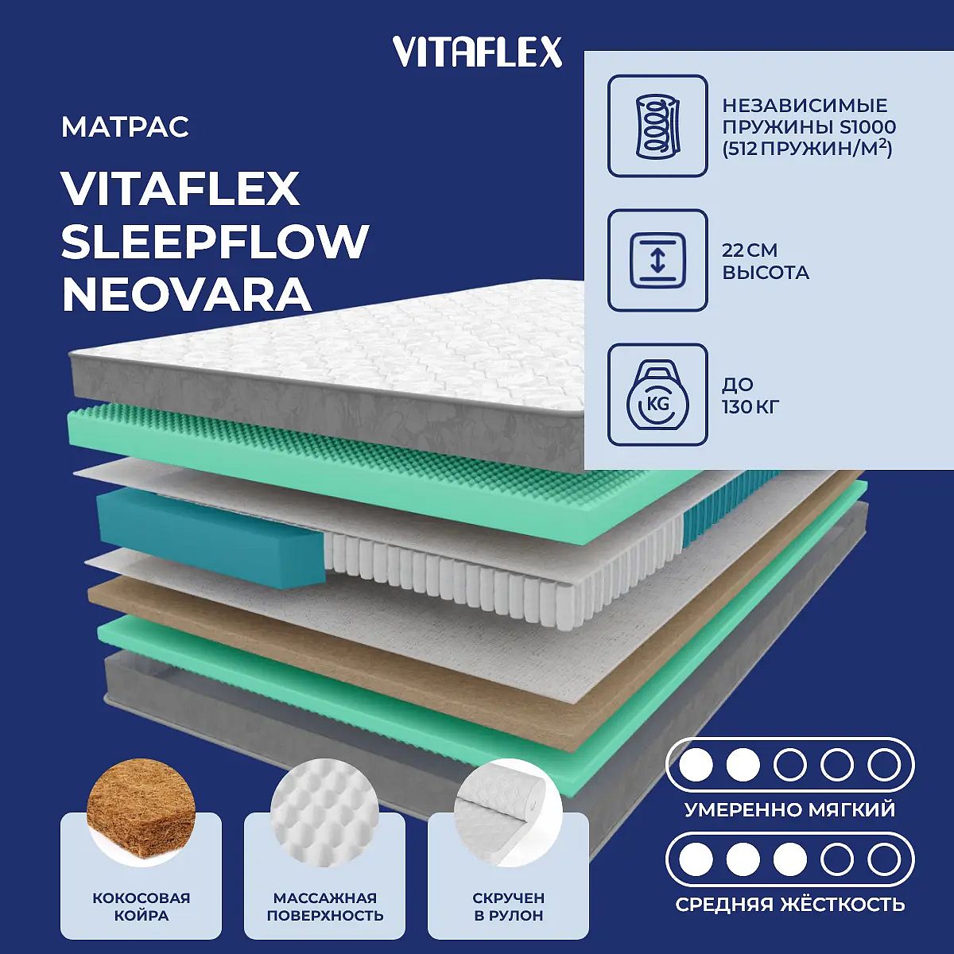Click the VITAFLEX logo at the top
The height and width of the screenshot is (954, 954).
pos(478,52)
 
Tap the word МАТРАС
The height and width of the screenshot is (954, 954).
pos(126,127)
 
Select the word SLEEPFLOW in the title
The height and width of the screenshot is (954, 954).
pos(215,242)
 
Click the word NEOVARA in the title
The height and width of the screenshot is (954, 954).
pos(187,295)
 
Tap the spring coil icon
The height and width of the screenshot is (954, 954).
pos(657,126)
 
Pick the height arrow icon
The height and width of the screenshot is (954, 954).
pos(657,261)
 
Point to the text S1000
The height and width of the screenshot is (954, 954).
pos(867,127)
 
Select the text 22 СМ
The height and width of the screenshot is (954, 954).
pos(750,250)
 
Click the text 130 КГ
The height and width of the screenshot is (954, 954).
pos(750,408)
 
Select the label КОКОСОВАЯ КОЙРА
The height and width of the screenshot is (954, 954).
pos(141,906)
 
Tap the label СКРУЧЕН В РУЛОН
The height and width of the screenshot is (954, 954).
pos(509,906)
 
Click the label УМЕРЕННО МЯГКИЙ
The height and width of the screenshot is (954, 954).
pos(789,809)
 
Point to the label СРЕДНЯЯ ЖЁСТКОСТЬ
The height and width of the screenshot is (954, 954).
pos(790,905)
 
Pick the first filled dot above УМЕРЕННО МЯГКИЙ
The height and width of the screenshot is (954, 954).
pos(696,765)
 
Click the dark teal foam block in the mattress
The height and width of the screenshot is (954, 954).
pos(211,532)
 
